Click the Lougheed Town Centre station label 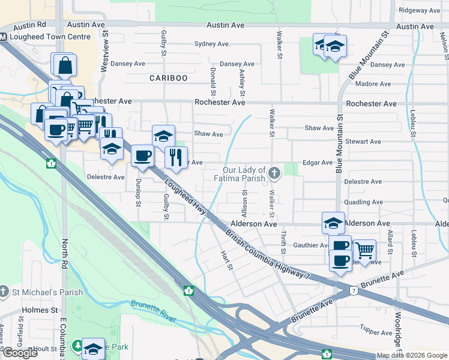[49, 37]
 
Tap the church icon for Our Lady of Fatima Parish [274, 174]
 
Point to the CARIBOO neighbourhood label [169, 79]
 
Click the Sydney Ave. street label [212, 44]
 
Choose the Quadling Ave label [364, 202]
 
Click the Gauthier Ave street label [309, 245]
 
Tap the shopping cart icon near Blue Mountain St [364, 249]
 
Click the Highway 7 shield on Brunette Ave [354, 290]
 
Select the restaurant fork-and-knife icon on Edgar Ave [176, 157]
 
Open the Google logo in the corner [20, 353]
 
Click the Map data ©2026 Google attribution [412, 355]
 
